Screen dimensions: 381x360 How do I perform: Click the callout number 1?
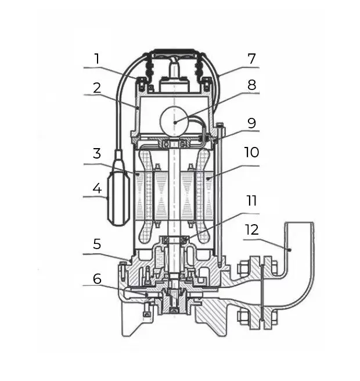tap(97, 59)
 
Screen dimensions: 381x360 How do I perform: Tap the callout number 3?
tap(97, 154)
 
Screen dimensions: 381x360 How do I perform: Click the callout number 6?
tap(97, 279)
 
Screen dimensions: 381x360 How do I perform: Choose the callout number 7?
tap(251, 59)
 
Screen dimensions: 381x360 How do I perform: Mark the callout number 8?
tap(251, 85)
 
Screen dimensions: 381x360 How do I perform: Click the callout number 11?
tap(252, 202)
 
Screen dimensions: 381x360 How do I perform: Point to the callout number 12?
tap(252, 230)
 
